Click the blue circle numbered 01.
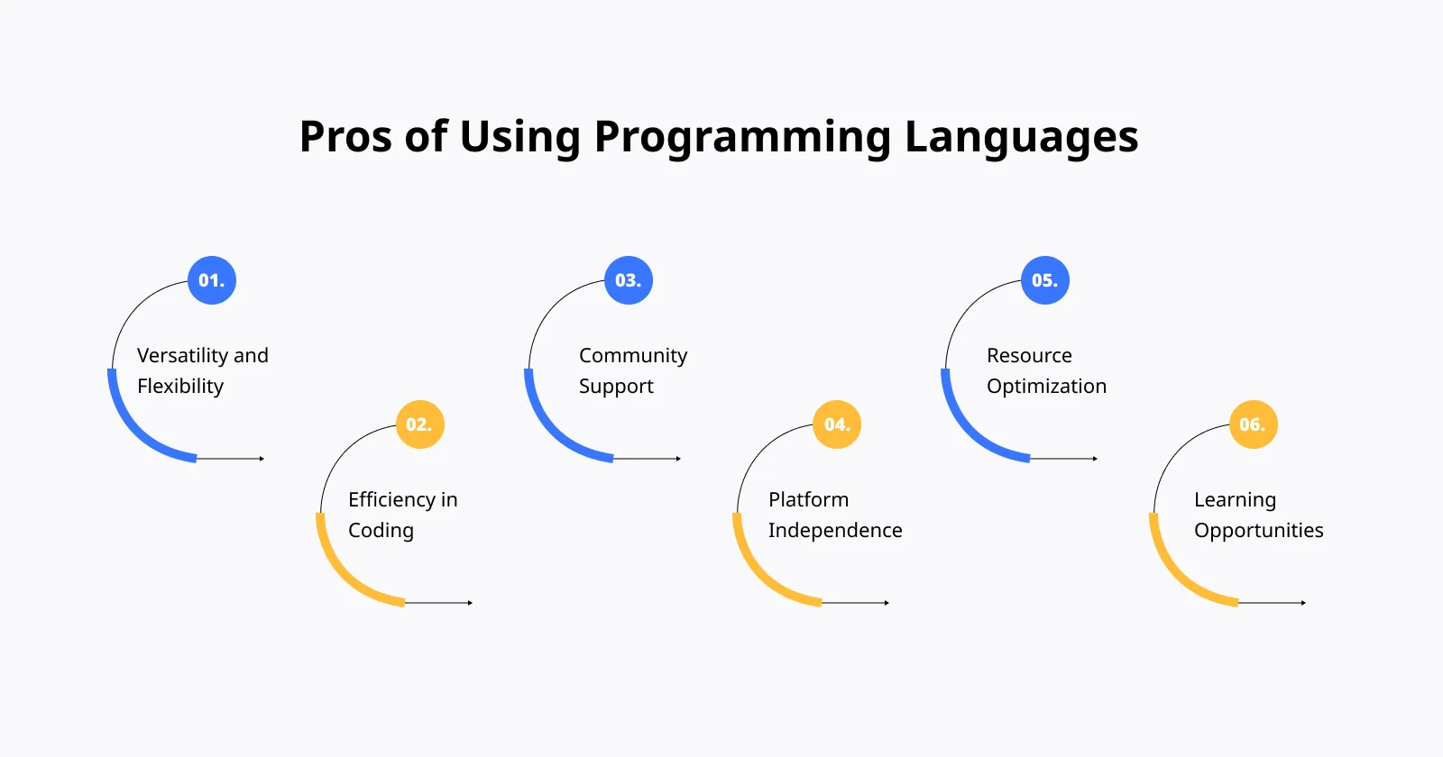tap(212, 280)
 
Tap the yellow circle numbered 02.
tap(419, 424)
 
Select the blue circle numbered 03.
tap(629, 280)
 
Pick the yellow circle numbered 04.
tap(837, 424)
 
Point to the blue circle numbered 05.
tap(1045, 280)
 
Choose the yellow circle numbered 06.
tap(1253, 424)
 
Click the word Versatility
tap(182, 356)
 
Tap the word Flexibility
tap(180, 387)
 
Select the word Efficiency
tap(391, 500)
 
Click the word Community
tap(633, 356)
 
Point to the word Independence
tap(835, 531)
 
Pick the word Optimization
tap(1046, 387)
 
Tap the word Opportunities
tap(1259, 531)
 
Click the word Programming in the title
tap(742, 138)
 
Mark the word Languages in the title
tap(1021, 138)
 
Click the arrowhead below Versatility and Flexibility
tap(262, 459)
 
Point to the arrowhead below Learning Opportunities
tap(1303, 603)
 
